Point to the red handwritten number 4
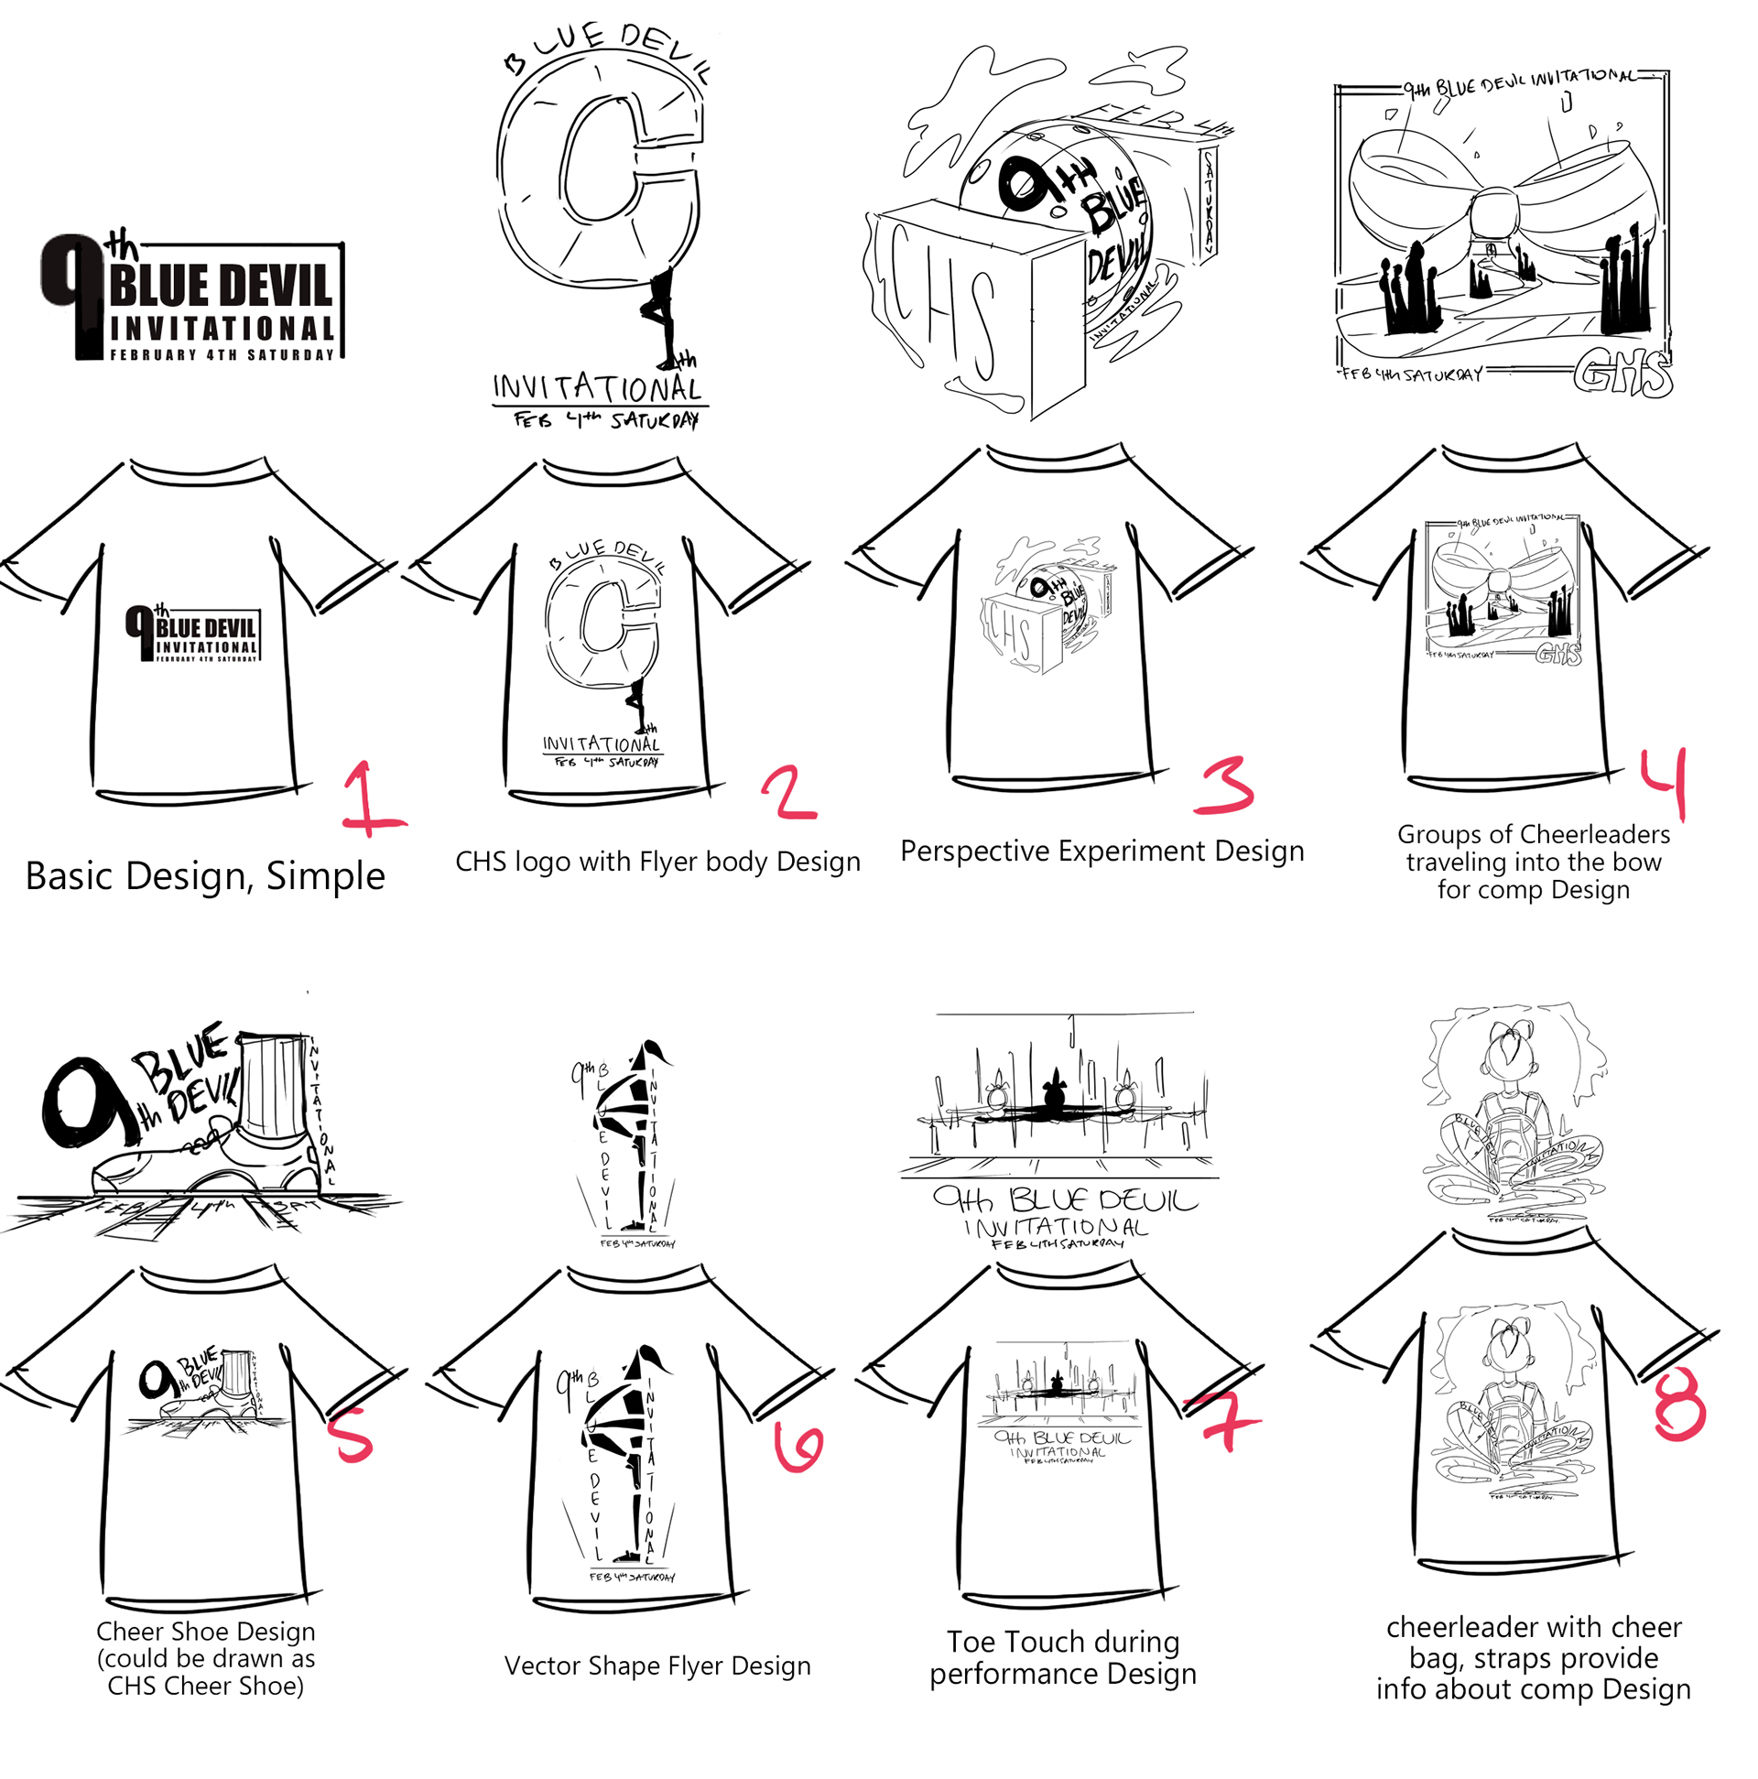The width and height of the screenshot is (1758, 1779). pyautogui.click(x=1665, y=783)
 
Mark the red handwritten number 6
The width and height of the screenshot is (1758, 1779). pyautogui.click(x=798, y=1446)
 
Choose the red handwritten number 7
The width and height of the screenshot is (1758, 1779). pyautogui.click(x=1222, y=1419)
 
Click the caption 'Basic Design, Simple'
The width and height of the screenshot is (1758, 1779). pyautogui.click(x=204, y=875)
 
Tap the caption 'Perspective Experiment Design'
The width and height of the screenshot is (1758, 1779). pyautogui.click(x=1101, y=851)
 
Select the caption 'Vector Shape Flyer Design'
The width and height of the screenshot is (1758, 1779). pyautogui.click(x=657, y=1665)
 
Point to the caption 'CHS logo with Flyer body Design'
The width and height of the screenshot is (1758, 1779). pyautogui.click(x=657, y=862)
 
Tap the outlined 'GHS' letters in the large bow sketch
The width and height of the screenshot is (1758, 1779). pyautogui.click(x=1621, y=374)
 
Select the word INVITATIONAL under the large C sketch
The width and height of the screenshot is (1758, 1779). pyautogui.click(x=598, y=387)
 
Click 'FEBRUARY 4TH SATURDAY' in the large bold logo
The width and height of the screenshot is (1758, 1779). pyautogui.click(x=222, y=354)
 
